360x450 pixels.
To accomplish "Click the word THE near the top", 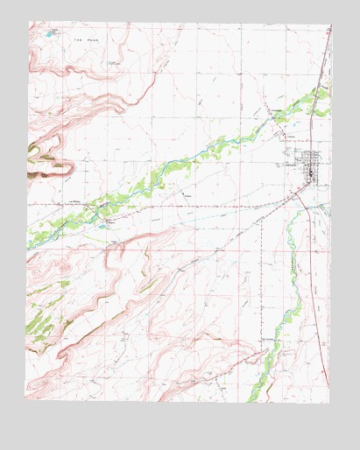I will click(78, 39).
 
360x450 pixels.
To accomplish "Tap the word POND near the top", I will click(92, 39).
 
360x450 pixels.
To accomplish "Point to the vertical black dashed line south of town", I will click(262, 263).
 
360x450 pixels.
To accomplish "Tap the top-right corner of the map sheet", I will click(331, 24).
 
